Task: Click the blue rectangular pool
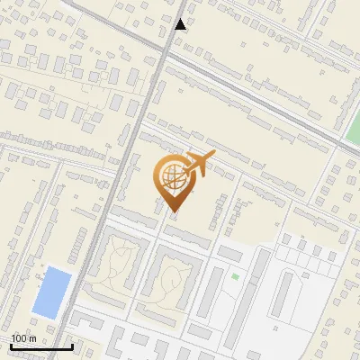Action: coord(51,292)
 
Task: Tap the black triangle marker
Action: coord(181,24)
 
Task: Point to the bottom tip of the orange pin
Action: coord(173,212)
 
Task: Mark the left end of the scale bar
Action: coord(11,346)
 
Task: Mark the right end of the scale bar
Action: coord(72,346)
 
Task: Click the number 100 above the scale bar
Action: coord(20,337)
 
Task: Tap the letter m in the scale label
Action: coord(33,337)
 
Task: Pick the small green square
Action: coord(236,276)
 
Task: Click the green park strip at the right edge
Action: coord(352,135)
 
